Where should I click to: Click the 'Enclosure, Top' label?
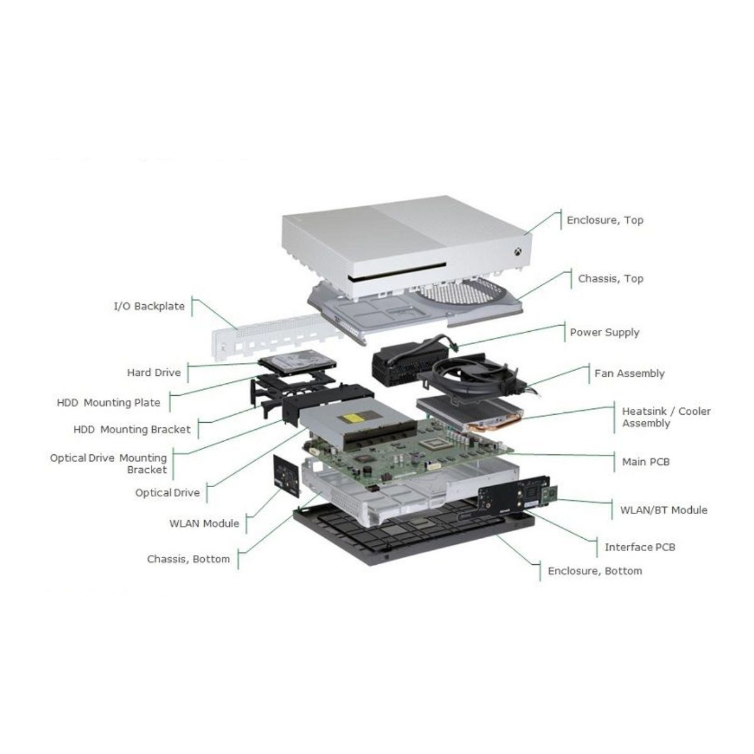(605, 221)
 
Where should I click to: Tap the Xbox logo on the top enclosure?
(518, 252)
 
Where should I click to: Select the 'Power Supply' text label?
(604, 332)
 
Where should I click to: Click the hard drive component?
(297, 363)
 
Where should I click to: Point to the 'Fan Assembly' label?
(629, 374)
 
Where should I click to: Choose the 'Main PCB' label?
(646, 462)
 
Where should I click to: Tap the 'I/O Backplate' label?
(149, 306)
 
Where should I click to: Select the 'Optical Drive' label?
(168, 493)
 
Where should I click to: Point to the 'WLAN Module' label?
(204, 523)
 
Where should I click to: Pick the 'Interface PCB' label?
(640, 547)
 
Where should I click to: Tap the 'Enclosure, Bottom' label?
(595, 571)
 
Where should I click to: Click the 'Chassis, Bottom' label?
(188, 559)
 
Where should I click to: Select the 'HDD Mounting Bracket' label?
(132, 430)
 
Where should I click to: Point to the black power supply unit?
(407, 360)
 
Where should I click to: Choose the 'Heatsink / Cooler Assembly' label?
(666, 417)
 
